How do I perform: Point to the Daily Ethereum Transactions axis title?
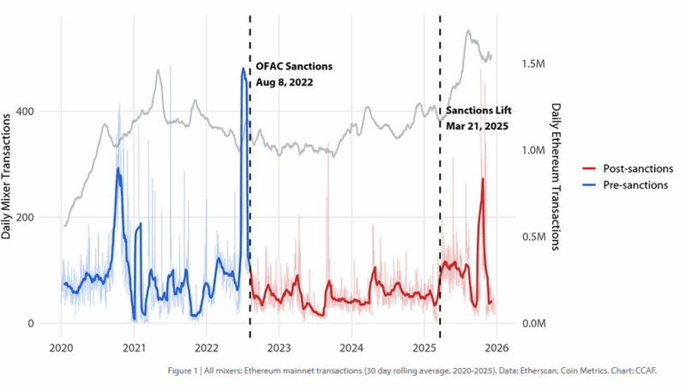[x=555, y=177]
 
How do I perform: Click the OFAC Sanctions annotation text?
[x=293, y=66]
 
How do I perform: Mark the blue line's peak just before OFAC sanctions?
[x=244, y=69]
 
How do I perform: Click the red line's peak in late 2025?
[x=483, y=179]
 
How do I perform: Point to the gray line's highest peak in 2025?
[x=468, y=31]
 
